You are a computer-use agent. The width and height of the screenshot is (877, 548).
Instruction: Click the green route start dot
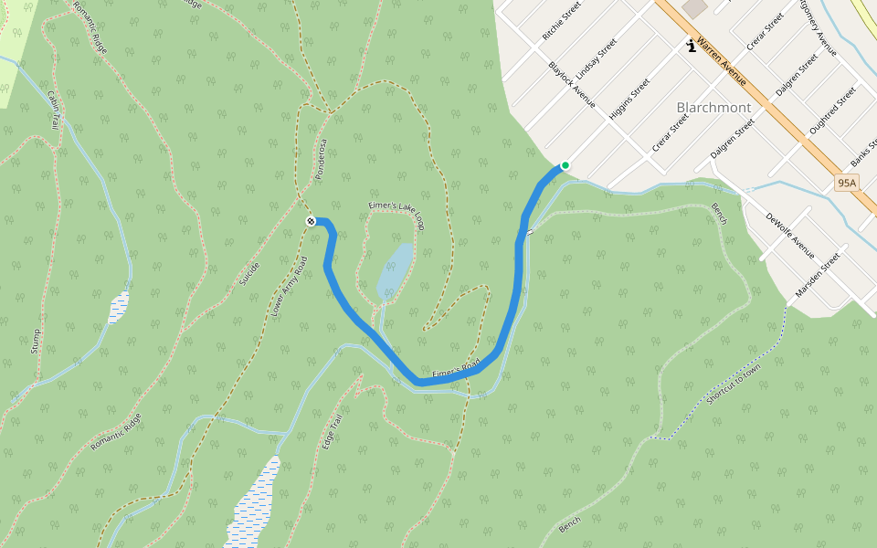[x=565, y=165]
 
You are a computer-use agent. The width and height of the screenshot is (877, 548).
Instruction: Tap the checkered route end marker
[x=311, y=221]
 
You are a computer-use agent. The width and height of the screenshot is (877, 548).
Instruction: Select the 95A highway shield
[x=847, y=184]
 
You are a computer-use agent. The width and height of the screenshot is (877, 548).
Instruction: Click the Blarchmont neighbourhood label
[x=713, y=108]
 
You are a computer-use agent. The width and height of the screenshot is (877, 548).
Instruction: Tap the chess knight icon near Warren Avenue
[x=692, y=46]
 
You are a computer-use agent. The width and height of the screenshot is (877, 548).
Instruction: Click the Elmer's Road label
[x=456, y=370]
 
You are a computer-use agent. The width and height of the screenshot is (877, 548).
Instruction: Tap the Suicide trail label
[x=248, y=273]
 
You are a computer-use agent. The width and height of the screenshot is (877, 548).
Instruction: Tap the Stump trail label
[x=36, y=341]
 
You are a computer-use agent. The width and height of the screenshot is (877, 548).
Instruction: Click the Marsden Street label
[x=817, y=275]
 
